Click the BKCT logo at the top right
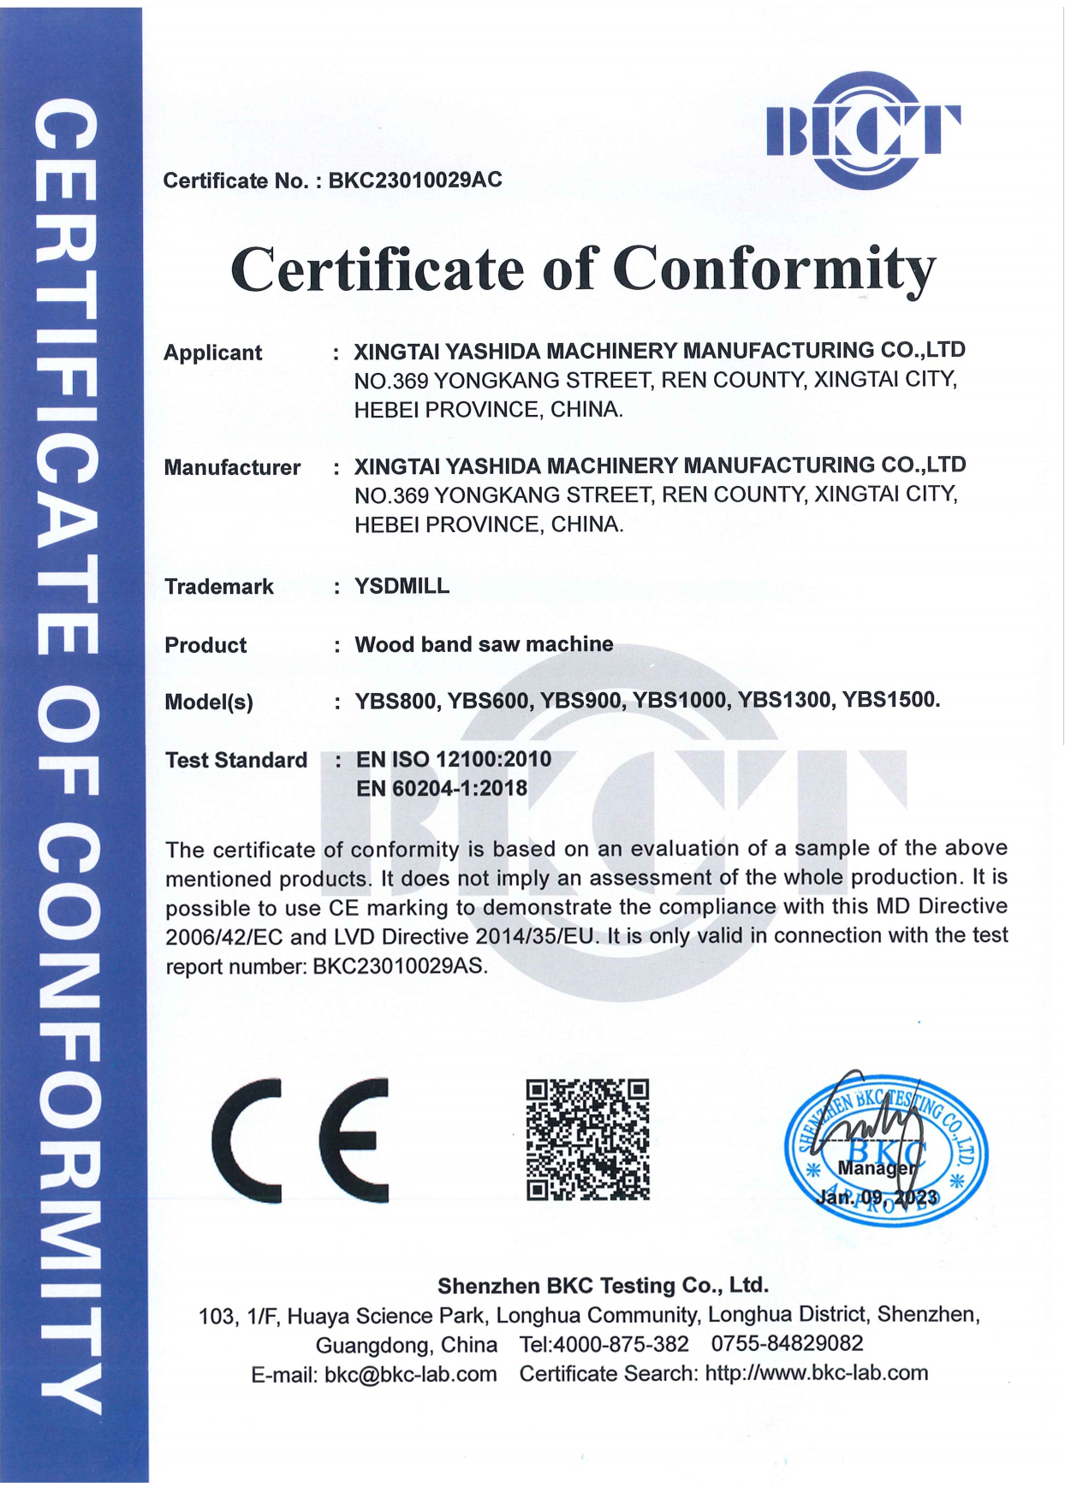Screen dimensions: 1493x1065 [863, 130]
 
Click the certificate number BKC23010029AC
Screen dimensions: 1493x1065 [415, 181]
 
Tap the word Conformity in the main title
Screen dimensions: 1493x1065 [775, 270]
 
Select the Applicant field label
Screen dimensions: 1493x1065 [212, 353]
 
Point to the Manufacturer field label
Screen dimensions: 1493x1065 [232, 467]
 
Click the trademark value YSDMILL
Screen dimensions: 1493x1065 [402, 586]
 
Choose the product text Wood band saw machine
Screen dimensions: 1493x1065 [484, 644]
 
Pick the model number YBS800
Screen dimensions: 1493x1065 [397, 702]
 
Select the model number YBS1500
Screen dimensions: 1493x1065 [890, 700]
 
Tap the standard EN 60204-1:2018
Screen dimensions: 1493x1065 [442, 788]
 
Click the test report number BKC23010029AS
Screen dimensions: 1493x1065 [400, 967]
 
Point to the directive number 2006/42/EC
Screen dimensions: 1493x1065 [223, 937]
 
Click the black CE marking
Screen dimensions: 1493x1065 [300, 1140]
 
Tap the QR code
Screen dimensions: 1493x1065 [587, 1139]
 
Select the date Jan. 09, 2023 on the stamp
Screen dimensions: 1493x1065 [878, 1197]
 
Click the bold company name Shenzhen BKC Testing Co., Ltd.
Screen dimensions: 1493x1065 [603, 1285]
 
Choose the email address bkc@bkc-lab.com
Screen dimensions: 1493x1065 [410, 1374]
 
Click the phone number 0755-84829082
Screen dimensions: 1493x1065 [787, 1343]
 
